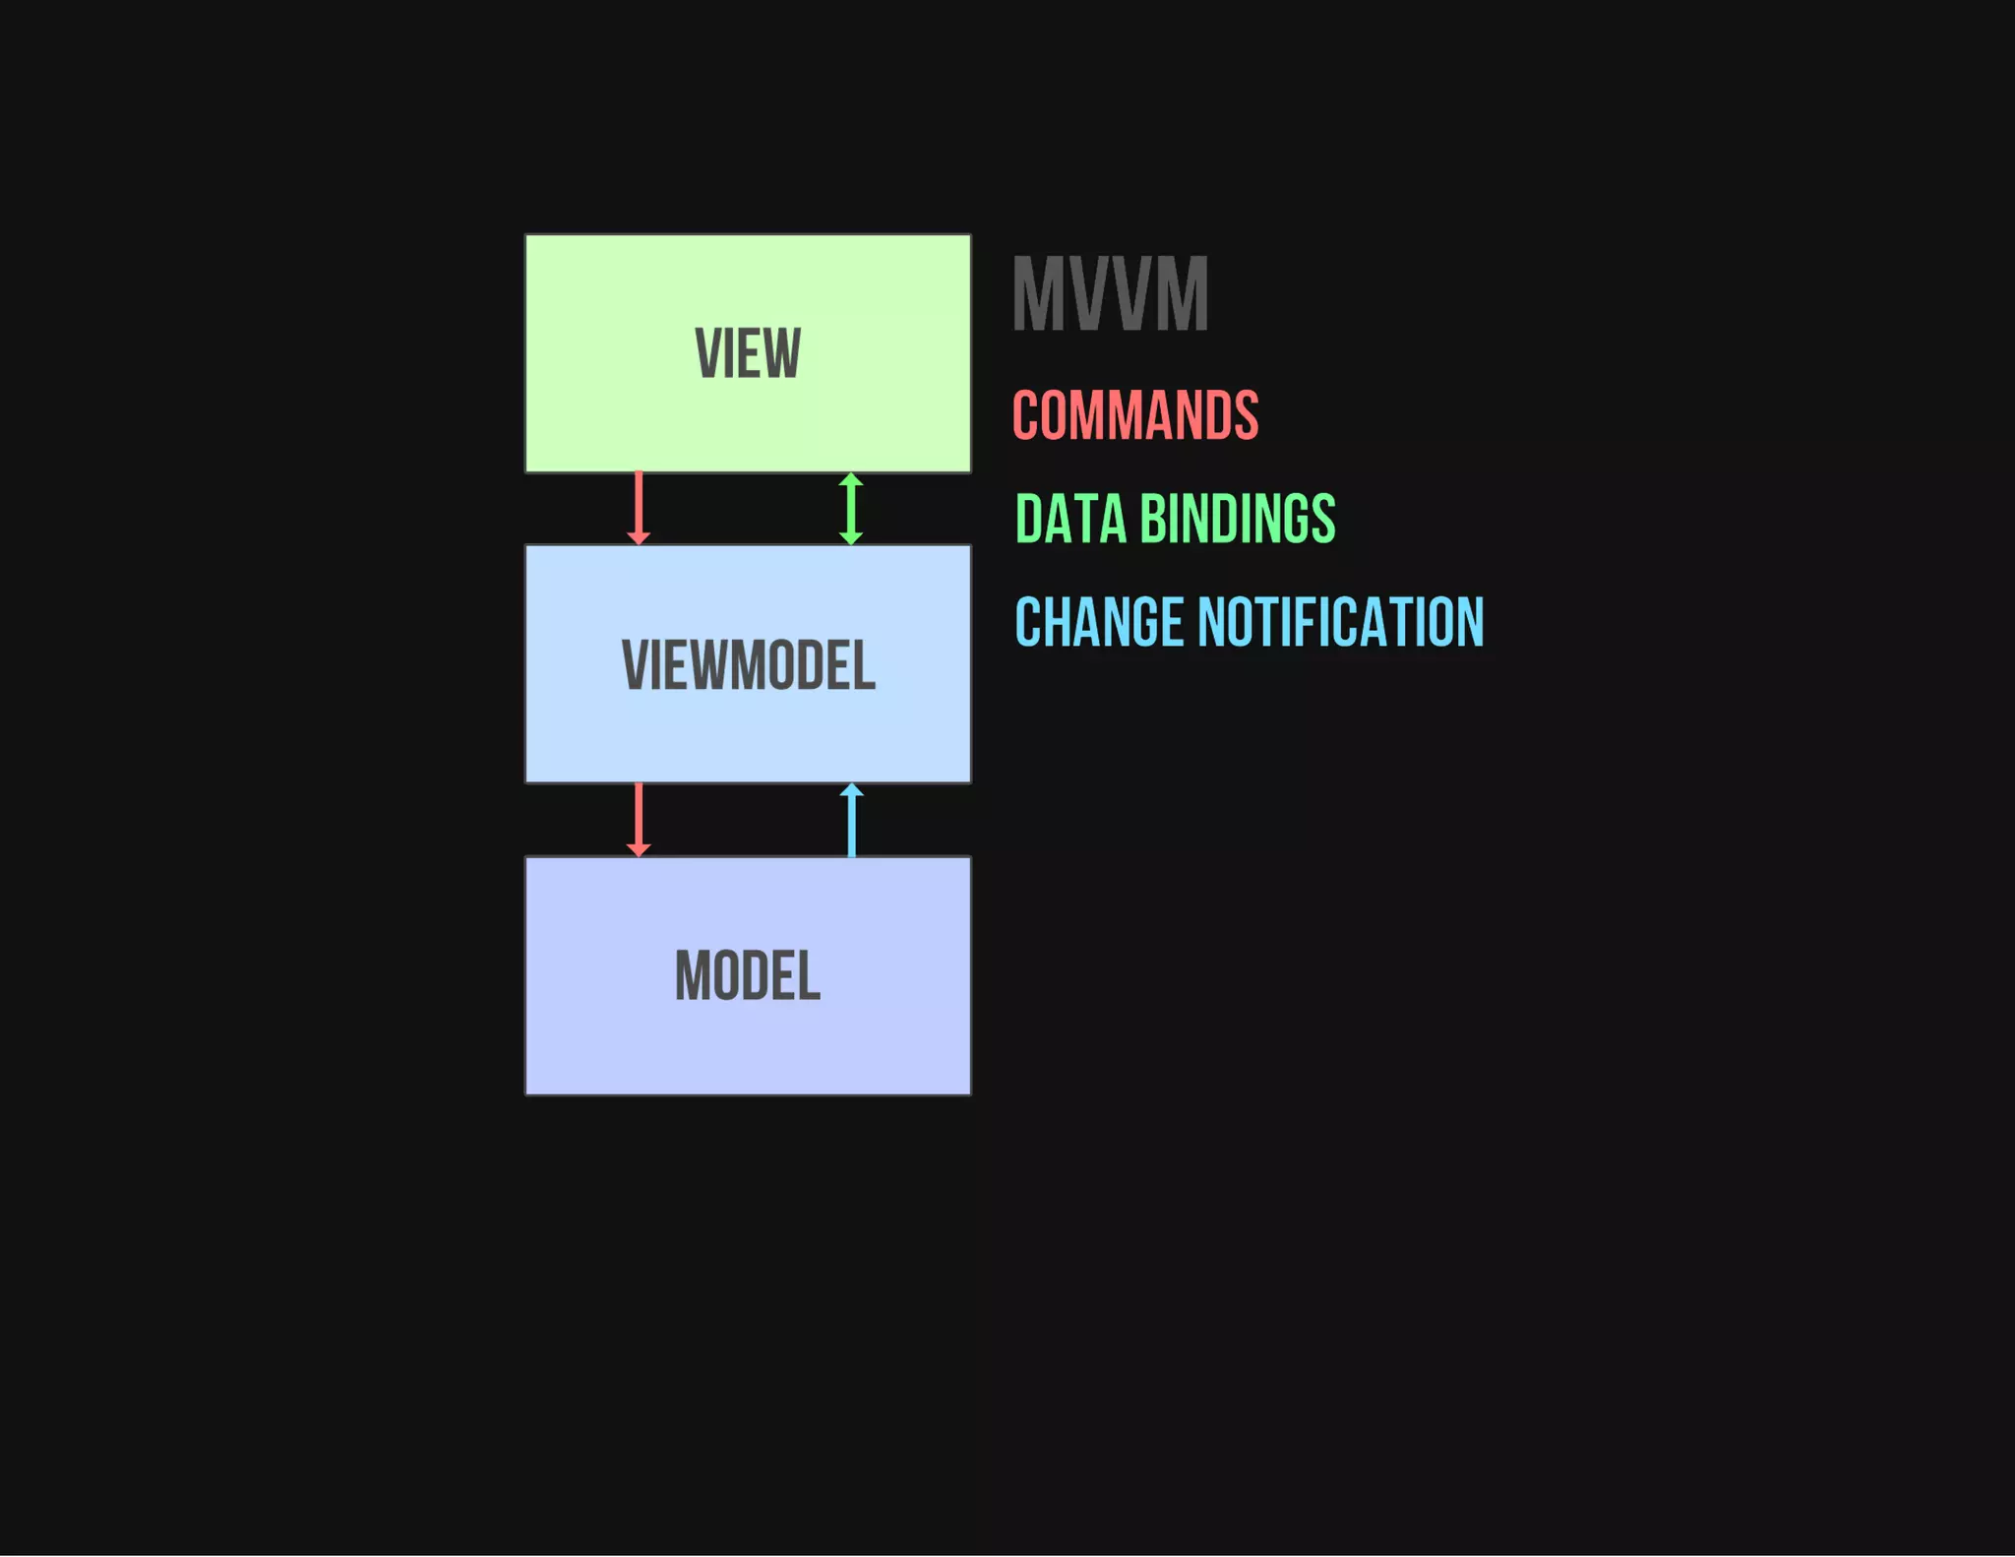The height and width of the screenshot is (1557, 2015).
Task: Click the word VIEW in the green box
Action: click(x=748, y=353)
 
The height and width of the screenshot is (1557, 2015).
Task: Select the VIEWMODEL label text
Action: click(x=748, y=665)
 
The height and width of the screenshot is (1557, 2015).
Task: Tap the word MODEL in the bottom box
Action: click(x=748, y=976)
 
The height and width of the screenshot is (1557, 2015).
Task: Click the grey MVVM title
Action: click(x=1110, y=294)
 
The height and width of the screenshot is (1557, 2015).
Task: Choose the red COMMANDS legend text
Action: click(x=1135, y=415)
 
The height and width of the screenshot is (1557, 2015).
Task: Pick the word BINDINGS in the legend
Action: click(x=1238, y=519)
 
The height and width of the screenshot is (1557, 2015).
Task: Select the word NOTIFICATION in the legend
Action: click(x=1340, y=622)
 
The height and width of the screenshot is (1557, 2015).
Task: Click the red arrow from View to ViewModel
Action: click(x=639, y=504)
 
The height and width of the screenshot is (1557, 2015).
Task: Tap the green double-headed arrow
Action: click(x=851, y=509)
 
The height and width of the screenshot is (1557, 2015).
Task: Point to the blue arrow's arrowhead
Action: click(x=852, y=789)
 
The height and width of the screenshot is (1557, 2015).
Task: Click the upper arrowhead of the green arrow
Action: click(x=851, y=479)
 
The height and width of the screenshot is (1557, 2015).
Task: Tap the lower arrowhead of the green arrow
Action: click(x=851, y=537)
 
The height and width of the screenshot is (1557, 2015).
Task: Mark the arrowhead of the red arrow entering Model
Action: click(x=639, y=849)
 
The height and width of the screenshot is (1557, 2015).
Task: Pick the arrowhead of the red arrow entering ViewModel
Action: click(x=639, y=537)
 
